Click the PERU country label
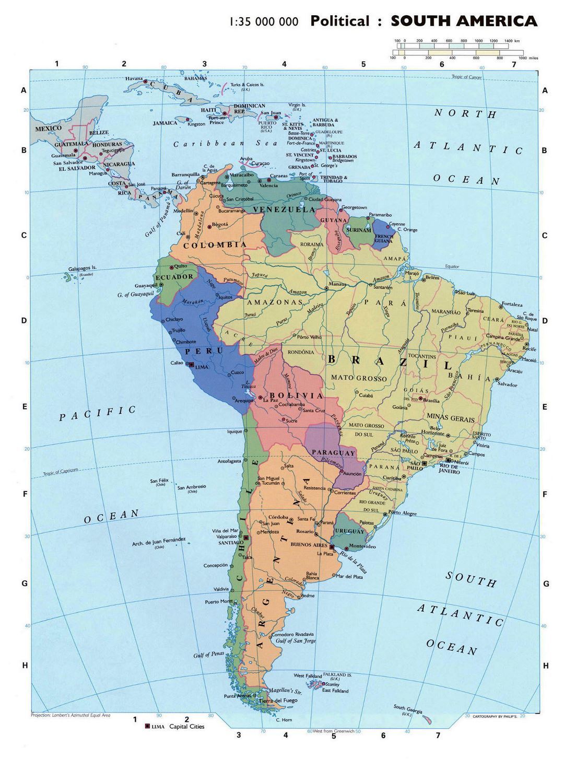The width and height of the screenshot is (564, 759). click(208, 351)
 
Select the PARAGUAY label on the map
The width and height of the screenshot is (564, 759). click(333, 453)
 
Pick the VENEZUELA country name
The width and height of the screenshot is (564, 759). click(284, 209)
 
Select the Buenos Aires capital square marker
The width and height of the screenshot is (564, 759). click(332, 547)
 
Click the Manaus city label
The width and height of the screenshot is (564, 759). click(337, 284)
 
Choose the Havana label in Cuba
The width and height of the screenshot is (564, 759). click(134, 78)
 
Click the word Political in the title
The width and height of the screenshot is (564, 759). click(339, 21)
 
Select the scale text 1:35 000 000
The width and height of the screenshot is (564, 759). click(264, 22)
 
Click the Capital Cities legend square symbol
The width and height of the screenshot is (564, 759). click(147, 726)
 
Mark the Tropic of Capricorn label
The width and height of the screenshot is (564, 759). click(61, 472)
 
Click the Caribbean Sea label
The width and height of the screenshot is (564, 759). click(217, 143)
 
